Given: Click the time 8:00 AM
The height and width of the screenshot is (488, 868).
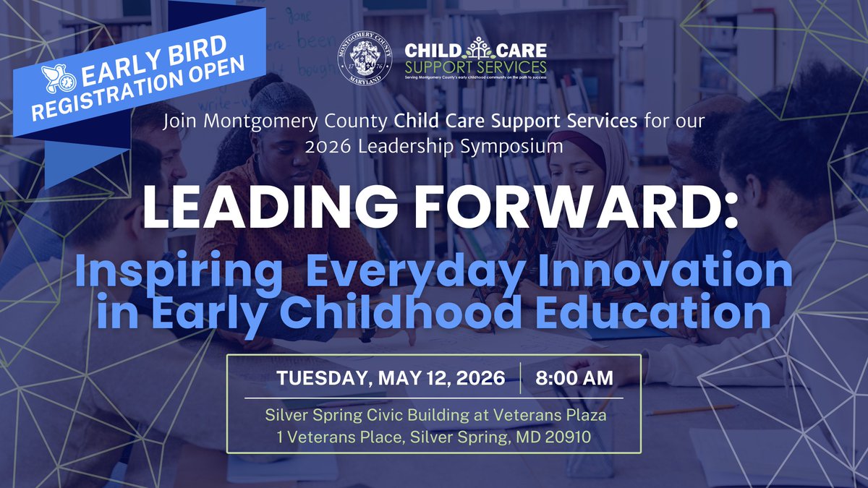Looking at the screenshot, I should click(575, 377).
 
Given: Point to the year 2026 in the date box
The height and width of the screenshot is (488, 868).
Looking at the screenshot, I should click(482, 377).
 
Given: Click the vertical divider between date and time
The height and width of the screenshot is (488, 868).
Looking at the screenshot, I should click(520, 377).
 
